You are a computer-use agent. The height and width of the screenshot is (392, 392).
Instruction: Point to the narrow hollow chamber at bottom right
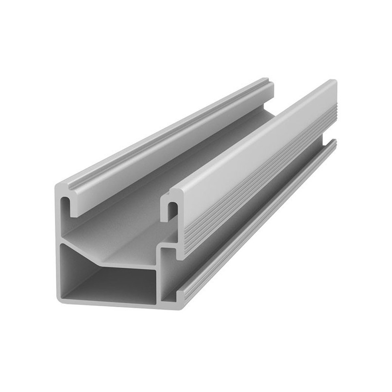(169, 277)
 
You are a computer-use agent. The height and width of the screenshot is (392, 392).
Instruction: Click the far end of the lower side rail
(334, 142)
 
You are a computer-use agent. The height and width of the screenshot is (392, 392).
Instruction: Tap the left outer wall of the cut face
(58, 245)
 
